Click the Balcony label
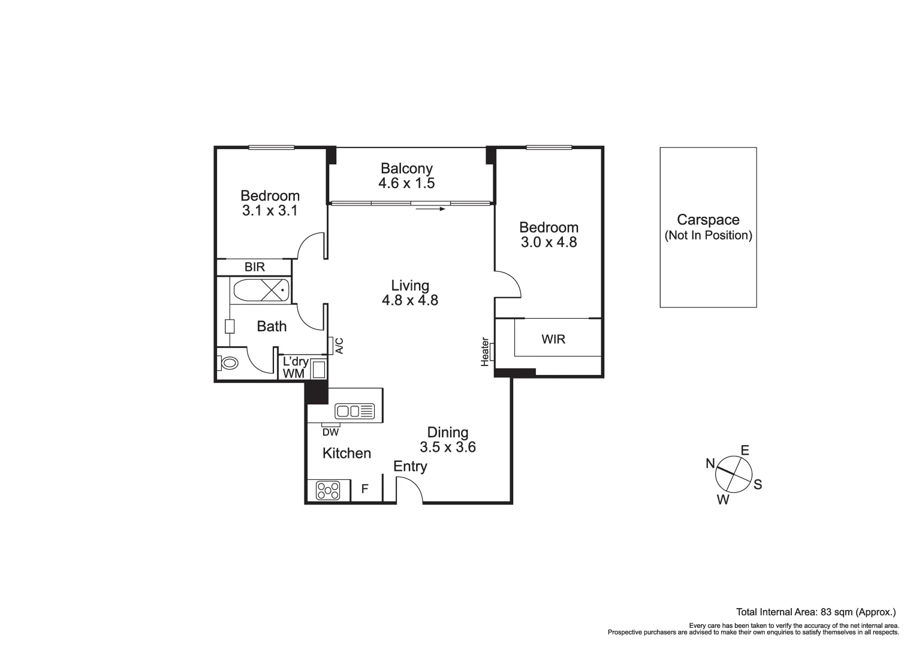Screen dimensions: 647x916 click(x=406, y=168)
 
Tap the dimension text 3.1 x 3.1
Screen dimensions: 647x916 click(x=270, y=211)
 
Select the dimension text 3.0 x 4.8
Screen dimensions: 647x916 click(x=549, y=243)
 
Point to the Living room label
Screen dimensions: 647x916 click(x=410, y=286)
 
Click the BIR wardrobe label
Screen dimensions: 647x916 click(x=255, y=267)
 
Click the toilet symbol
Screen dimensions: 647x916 click(x=228, y=363)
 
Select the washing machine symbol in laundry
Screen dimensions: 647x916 click(x=318, y=369)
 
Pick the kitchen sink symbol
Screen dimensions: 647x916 click(x=354, y=411)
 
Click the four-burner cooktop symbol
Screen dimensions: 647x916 click(x=328, y=491)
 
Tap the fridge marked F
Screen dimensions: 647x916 click(x=364, y=490)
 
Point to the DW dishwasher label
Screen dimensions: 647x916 click(x=330, y=433)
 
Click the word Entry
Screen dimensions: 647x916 click(x=410, y=466)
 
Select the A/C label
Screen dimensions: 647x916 click(x=339, y=346)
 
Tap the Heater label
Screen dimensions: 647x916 click(x=485, y=352)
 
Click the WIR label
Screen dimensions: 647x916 click(x=553, y=339)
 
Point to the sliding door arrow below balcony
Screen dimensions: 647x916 click(x=430, y=209)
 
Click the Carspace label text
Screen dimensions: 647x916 click(x=708, y=220)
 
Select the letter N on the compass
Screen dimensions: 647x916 click(x=710, y=464)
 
